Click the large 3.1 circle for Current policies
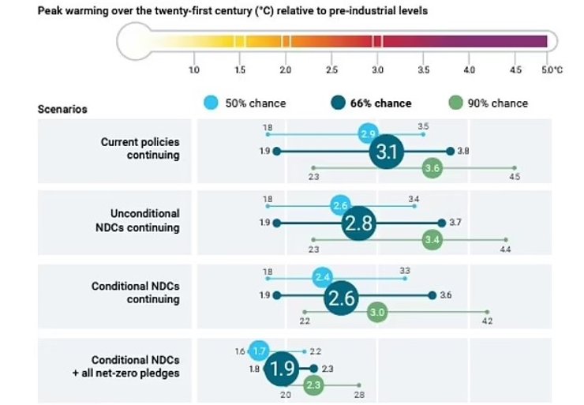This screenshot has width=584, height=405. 387,150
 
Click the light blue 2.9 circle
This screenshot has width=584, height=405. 368,134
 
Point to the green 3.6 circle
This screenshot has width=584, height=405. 432,167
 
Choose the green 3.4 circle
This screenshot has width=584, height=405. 432,239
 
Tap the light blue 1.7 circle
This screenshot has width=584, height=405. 259,350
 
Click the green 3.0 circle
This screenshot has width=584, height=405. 377,313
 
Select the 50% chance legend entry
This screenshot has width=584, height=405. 245,103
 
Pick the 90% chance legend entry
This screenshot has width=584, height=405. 488,103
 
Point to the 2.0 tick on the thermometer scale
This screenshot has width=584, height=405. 286,70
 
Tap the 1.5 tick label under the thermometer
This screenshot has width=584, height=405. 240,70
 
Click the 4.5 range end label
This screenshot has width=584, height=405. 515,177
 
